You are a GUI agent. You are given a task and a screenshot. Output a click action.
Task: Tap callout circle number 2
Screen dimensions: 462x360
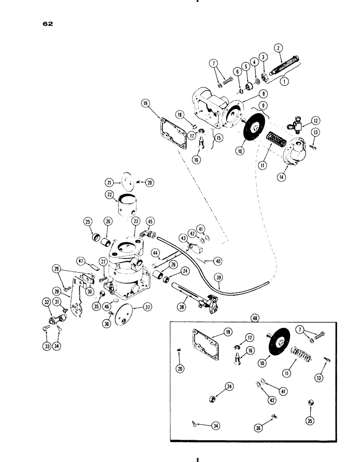coord(278,47)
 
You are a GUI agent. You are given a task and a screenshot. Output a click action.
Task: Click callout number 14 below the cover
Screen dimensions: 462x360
coord(277,176)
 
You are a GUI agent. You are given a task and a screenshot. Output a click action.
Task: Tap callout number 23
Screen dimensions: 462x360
coord(135,221)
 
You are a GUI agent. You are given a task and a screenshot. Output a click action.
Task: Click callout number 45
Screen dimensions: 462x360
coord(151,221)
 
